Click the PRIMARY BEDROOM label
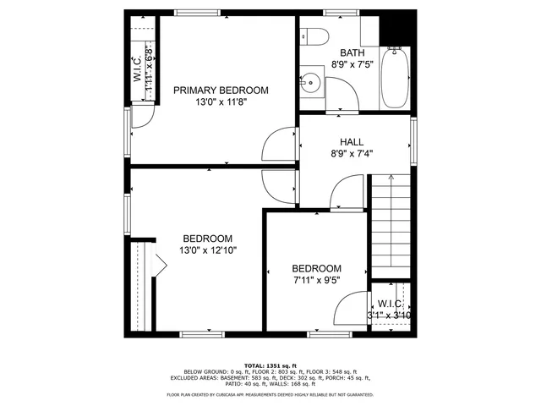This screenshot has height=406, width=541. pyautogui.click(x=221, y=91)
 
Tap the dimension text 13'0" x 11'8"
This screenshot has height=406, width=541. pyautogui.click(x=221, y=102)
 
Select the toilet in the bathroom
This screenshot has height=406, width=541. pyautogui.click(x=314, y=36)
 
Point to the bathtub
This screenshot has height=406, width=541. pyautogui.click(x=395, y=79)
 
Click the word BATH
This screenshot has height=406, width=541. pyautogui.click(x=352, y=52)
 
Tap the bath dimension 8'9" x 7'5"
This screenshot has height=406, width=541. pyautogui.click(x=352, y=63)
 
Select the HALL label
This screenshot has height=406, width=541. pyautogui.click(x=352, y=142)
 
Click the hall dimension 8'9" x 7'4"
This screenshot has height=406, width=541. pyautogui.click(x=352, y=154)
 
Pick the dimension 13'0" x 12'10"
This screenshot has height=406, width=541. pyautogui.click(x=207, y=250)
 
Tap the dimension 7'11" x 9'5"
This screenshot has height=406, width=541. pyautogui.click(x=317, y=279)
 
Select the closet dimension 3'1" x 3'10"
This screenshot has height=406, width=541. pyautogui.click(x=389, y=315)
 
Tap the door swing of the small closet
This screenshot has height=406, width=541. pyautogui.click(x=355, y=310)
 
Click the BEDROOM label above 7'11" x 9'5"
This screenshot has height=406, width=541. pyautogui.click(x=317, y=268)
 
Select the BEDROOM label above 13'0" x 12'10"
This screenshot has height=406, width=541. pyautogui.click(x=207, y=239)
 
